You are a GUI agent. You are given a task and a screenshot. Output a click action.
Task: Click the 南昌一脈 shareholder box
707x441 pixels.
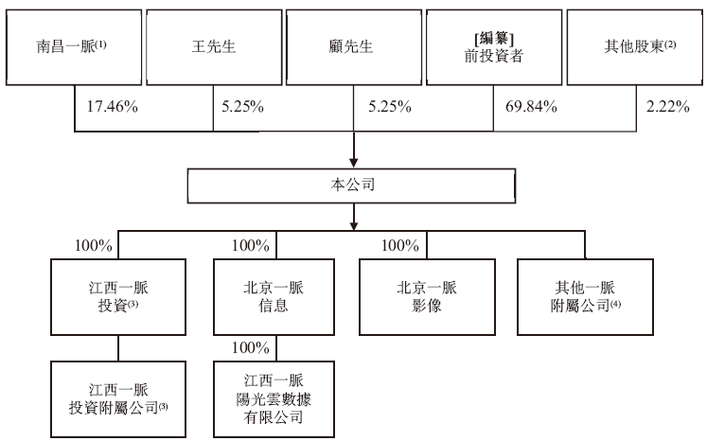pyautogui.click(x=74, y=47)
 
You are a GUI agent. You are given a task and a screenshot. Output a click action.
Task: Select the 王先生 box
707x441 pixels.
pyautogui.click(x=214, y=47)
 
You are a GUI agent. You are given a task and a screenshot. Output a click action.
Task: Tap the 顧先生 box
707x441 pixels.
pyautogui.click(x=354, y=47)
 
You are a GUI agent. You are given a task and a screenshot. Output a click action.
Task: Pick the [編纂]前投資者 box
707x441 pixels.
pyautogui.click(x=494, y=47)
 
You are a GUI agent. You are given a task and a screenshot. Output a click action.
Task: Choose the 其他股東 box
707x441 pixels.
pyautogui.click(x=635, y=47)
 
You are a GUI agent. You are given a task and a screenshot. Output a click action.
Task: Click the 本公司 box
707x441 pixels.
pyautogui.click(x=351, y=185)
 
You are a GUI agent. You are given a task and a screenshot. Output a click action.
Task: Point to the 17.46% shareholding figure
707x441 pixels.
pyautogui.click(x=113, y=107)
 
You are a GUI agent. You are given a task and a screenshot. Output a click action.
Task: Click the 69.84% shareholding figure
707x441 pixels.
pyautogui.click(x=531, y=107)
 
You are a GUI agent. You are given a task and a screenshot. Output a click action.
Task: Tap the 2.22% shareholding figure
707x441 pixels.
pyautogui.click(x=668, y=107)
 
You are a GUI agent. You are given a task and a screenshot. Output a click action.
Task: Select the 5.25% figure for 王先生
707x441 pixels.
pyautogui.click(x=242, y=107)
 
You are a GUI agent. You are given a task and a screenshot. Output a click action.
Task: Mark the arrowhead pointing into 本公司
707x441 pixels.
pyautogui.click(x=354, y=163)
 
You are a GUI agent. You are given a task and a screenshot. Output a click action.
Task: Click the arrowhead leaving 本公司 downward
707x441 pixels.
pyautogui.click(x=354, y=225)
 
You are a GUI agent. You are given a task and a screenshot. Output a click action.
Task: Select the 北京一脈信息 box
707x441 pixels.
pyautogui.click(x=274, y=297)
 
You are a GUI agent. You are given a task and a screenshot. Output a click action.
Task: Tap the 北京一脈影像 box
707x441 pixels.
pyautogui.click(x=427, y=297)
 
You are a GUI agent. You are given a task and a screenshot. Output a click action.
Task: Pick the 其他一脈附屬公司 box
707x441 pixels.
pyautogui.click(x=585, y=297)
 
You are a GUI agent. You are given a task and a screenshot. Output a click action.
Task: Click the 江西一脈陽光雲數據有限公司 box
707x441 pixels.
pyautogui.click(x=274, y=399)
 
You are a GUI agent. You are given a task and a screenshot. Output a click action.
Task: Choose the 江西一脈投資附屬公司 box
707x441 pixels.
pyautogui.click(x=118, y=399)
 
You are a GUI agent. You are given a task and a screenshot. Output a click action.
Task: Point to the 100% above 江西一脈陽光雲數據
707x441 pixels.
pyautogui.click(x=251, y=347)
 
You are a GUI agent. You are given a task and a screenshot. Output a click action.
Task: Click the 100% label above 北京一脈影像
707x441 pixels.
pyautogui.click(x=400, y=246)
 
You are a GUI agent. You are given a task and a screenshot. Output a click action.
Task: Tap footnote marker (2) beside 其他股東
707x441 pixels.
pyautogui.click(x=670, y=44)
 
